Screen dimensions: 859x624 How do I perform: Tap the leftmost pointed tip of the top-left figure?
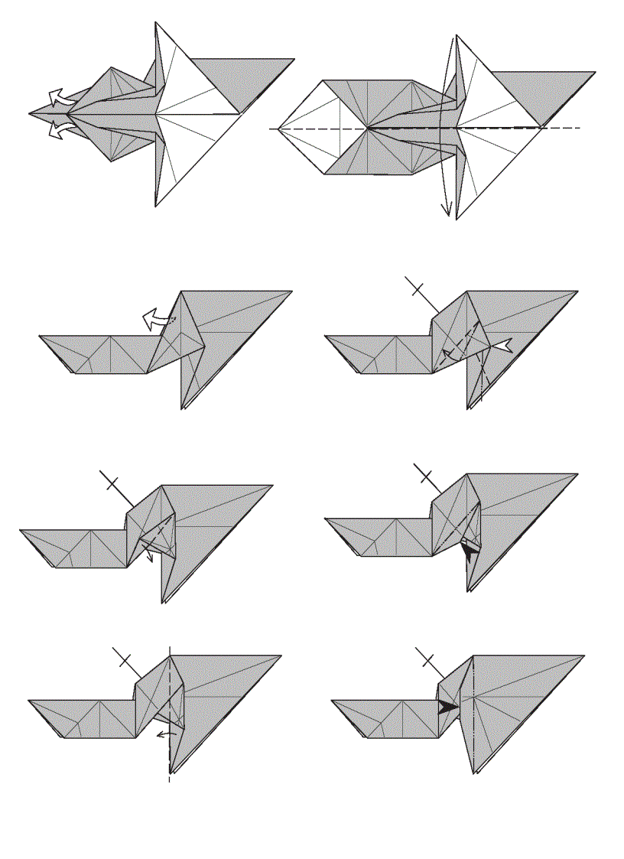31,114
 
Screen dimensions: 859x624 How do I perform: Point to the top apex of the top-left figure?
156,23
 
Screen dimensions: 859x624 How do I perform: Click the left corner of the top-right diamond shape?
279,128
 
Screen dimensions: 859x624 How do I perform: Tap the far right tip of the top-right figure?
595,72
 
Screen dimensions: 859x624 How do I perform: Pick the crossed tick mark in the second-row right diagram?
417,288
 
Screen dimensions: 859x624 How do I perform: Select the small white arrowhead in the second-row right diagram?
501,347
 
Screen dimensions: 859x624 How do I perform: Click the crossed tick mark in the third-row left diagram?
111,482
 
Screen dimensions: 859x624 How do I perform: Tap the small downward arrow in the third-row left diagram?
150,556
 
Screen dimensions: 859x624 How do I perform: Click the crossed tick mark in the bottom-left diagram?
122,657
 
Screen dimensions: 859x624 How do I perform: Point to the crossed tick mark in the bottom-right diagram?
425,657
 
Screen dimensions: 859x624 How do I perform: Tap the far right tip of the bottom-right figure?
585,656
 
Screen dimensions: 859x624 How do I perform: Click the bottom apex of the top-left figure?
156,206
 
